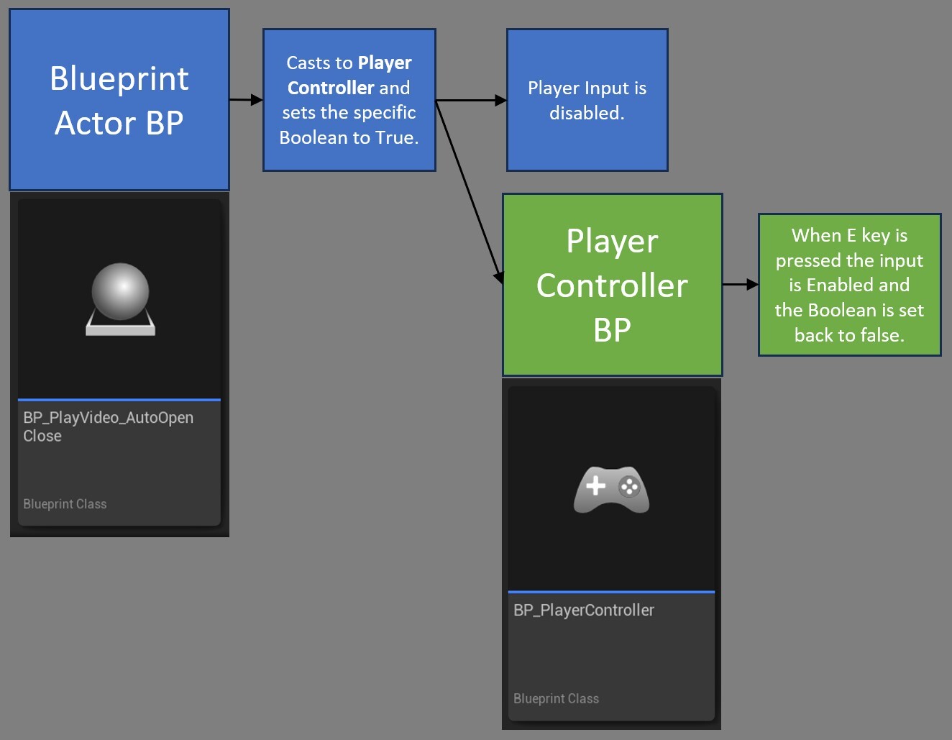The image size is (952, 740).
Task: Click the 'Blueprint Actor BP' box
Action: pos(119,100)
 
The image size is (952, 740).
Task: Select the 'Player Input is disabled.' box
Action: pos(587,100)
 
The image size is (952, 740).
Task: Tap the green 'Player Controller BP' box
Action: pos(612,285)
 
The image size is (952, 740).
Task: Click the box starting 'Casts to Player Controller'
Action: pos(349,100)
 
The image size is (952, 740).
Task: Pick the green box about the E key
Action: pos(849,285)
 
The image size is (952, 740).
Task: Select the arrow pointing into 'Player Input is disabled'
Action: pos(472,101)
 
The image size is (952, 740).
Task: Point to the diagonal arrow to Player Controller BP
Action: pos(467,191)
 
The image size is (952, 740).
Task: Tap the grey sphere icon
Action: pos(120,291)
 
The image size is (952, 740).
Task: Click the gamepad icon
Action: pos(611,490)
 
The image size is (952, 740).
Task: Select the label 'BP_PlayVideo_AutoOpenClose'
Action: pos(108,426)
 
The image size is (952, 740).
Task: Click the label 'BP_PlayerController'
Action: pos(584,611)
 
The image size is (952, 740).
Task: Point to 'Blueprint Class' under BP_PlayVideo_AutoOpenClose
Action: pos(65,504)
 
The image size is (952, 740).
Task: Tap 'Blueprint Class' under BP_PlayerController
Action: pos(556,698)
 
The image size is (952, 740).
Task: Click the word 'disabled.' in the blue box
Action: pos(587,113)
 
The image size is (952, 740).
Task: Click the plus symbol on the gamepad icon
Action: pos(595,486)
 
